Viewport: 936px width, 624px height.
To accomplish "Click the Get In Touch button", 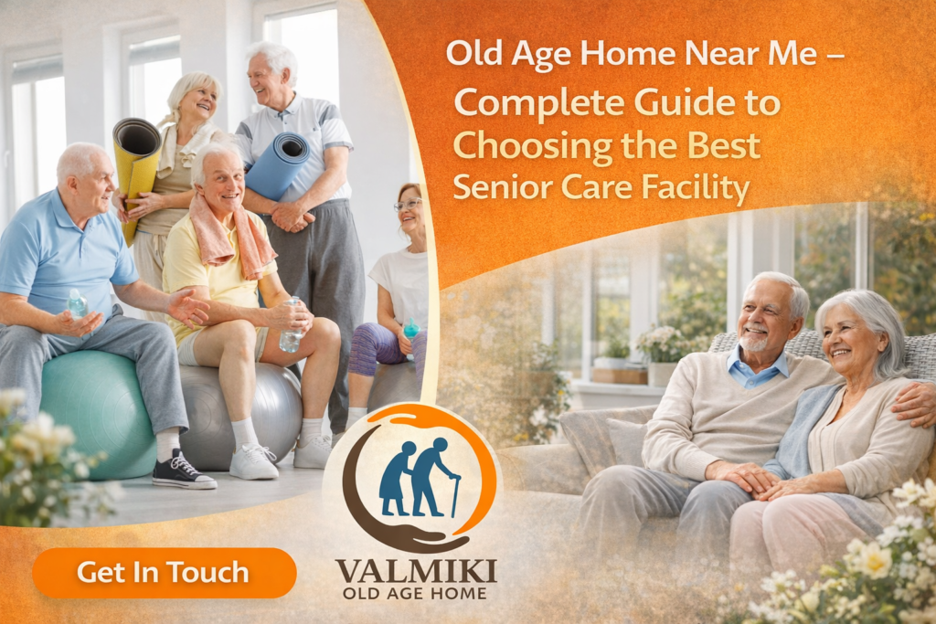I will click(x=164, y=573).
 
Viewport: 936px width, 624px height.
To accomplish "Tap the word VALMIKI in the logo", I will click(x=416, y=571).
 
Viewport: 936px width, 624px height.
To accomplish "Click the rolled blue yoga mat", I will click(x=277, y=164).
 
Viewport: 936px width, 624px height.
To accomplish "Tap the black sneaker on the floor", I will click(x=183, y=471).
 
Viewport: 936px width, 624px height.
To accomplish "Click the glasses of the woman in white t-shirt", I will click(x=408, y=206).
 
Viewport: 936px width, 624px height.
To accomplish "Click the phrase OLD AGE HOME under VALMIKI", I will click(x=416, y=594).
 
